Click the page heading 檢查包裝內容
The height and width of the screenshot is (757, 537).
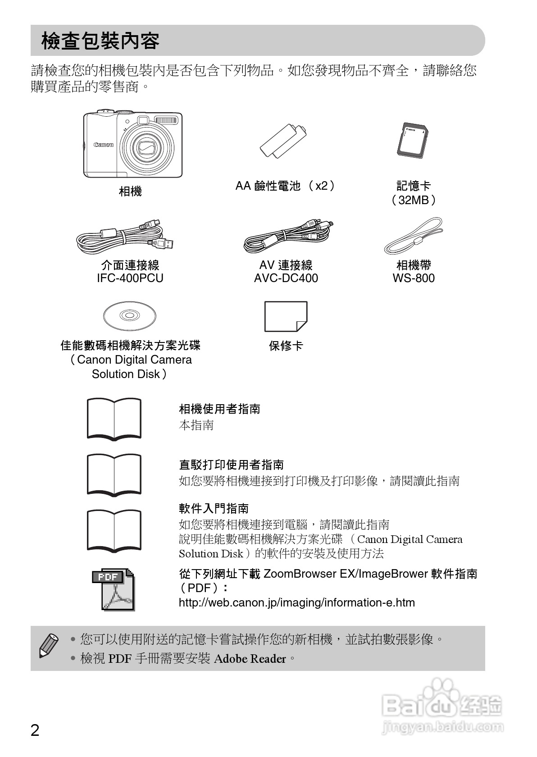[100, 41]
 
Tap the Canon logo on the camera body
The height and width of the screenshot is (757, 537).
[104, 145]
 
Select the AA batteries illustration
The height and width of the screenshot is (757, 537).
[284, 142]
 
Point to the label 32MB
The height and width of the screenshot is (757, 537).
[414, 200]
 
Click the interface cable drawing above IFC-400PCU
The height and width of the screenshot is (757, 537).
[125, 237]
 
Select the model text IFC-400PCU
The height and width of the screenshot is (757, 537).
[130, 278]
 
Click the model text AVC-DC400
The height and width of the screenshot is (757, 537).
[286, 278]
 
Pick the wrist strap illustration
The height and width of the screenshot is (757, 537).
[414, 236]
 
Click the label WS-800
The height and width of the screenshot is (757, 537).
[414, 278]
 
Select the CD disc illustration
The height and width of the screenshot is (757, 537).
[130, 315]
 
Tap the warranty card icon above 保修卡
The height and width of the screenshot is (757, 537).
[286, 316]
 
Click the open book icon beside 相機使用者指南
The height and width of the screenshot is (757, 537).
[114, 418]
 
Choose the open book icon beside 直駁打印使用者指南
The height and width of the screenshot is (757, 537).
[114, 474]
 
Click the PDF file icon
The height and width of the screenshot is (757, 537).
[114, 589]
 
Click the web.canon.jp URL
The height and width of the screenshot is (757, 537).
[296, 602]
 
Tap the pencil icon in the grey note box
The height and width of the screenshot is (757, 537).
[49, 645]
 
